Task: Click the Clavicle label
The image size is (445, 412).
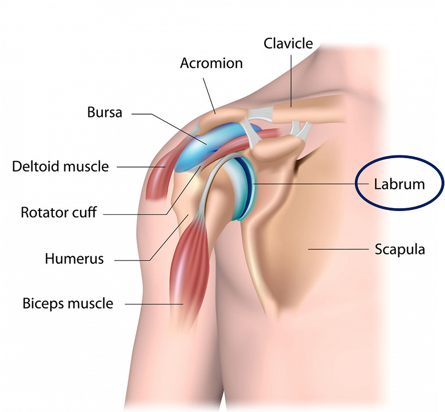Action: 288,43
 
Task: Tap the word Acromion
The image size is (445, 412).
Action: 211,63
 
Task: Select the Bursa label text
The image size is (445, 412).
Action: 105,112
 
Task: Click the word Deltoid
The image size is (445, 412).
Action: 36,166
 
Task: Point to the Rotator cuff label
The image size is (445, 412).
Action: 59,212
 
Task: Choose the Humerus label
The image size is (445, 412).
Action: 75,259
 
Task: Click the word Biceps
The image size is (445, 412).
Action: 43,304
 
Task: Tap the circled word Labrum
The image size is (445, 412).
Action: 399,184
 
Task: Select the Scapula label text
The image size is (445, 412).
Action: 400,249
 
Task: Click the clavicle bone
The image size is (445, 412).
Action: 306,109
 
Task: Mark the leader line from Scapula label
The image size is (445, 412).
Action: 338,249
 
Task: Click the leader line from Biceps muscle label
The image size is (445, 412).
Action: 154,305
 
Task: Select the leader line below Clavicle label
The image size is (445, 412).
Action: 291,81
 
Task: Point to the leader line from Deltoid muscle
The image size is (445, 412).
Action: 141,167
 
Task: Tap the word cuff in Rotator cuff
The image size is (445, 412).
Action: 86,212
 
